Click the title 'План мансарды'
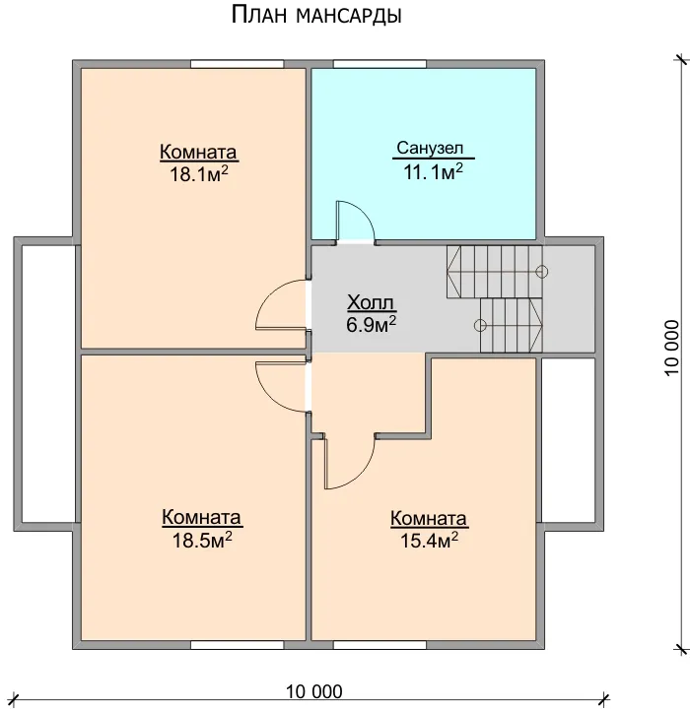click(x=316, y=15)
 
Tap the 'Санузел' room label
click(x=430, y=148)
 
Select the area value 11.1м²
click(x=434, y=171)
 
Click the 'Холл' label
click(x=371, y=302)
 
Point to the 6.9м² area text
click(x=372, y=325)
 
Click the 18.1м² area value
click(x=199, y=173)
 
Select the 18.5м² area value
click(x=202, y=540)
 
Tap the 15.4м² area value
click(x=429, y=540)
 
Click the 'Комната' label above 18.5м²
click(x=201, y=517)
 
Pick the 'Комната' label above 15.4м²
click(x=429, y=519)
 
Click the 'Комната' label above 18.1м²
click(x=198, y=153)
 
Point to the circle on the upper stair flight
click(x=542, y=272)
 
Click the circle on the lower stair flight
click(x=480, y=325)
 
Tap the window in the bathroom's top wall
click(x=379, y=64)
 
